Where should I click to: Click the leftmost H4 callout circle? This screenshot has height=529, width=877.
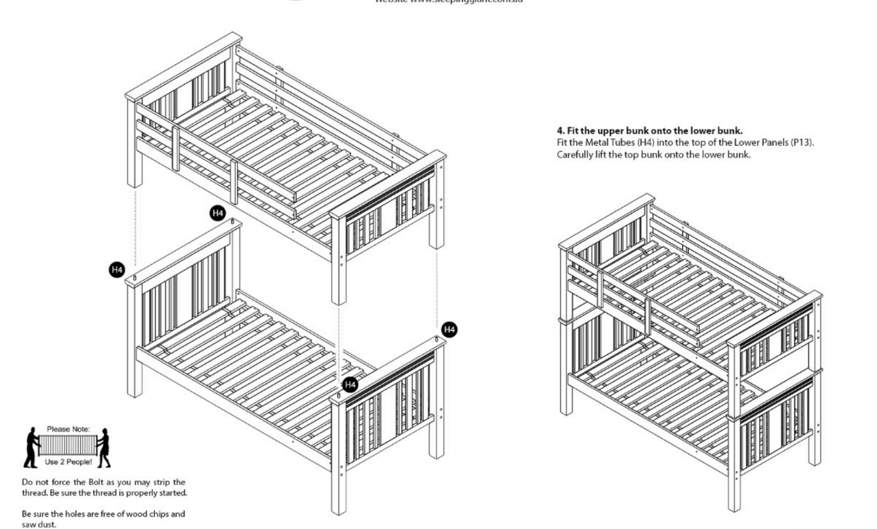pyautogui.click(x=117, y=268)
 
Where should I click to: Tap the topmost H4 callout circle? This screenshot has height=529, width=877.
pyautogui.click(x=217, y=212)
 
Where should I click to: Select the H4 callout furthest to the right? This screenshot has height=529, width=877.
pyautogui.click(x=449, y=329)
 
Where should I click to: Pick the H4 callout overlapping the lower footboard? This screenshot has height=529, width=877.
pyautogui.click(x=350, y=384)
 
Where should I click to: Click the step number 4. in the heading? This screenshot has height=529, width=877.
pyautogui.click(x=551, y=131)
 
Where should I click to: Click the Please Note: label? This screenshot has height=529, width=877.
pyautogui.click(x=68, y=429)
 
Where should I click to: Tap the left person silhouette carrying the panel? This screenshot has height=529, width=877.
pyautogui.click(x=32, y=448)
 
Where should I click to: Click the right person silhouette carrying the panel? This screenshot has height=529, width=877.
pyautogui.click(x=103, y=449)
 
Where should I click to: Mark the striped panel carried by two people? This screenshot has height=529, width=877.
pyautogui.click(x=68, y=445)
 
